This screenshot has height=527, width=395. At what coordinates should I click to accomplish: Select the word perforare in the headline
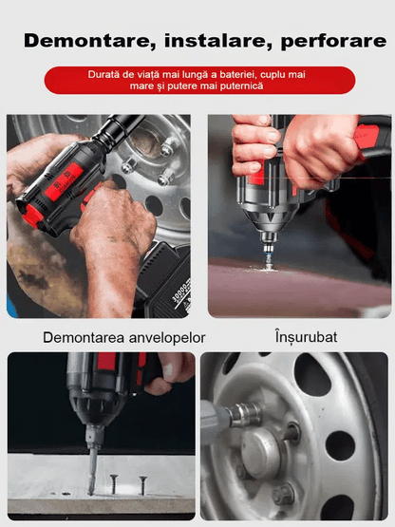pyautogui.click(x=333, y=42)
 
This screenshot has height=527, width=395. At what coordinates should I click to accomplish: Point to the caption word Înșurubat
pyautogui.click(x=306, y=337)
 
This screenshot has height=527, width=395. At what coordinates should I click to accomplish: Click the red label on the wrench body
pyautogui.click(x=64, y=181)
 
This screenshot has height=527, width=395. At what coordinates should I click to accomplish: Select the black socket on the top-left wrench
pyautogui.click(x=117, y=128)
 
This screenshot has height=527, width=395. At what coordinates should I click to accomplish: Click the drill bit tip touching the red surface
pyautogui.click(x=268, y=265)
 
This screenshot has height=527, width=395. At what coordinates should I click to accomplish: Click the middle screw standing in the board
pyautogui.click(x=114, y=483)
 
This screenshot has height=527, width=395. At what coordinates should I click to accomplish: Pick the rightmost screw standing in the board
pyautogui.click(x=143, y=485)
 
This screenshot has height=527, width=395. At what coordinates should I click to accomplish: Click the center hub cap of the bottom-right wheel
pyautogui.click(x=261, y=449)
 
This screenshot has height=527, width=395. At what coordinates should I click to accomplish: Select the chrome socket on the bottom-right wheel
pyautogui.click(x=245, y=415)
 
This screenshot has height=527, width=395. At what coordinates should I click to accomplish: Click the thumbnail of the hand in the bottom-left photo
pyautogui.click(x=168, y=369)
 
